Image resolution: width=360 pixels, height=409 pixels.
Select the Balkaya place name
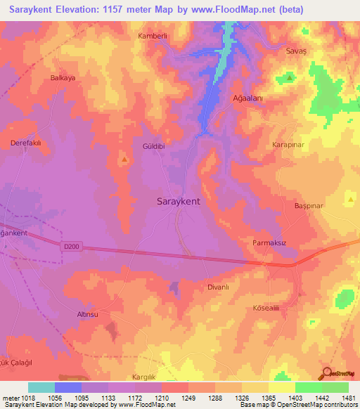[63, 78]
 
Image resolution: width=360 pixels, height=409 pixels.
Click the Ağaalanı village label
[247, 99]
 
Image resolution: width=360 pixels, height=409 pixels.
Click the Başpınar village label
[307, 207]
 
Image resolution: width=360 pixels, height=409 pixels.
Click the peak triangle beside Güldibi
[125, 159]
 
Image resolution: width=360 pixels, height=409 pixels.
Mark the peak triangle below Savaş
[288, 76]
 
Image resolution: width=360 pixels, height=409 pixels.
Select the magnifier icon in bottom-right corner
[326, 374]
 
